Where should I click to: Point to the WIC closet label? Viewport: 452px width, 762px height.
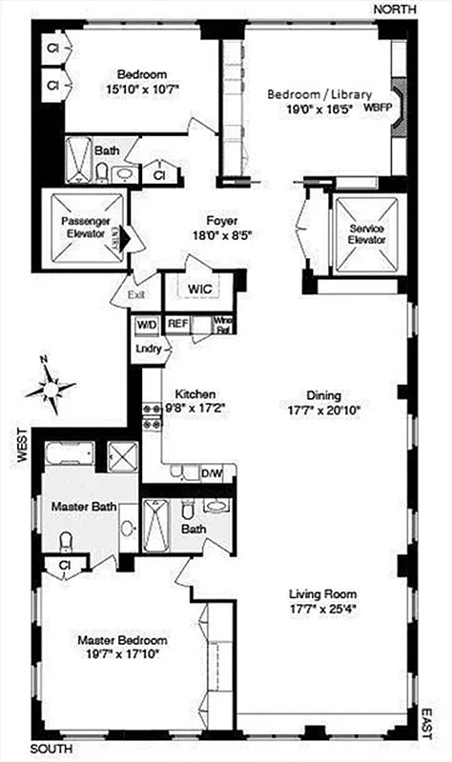point(199,287)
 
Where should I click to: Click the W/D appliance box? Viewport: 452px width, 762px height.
point(148,325)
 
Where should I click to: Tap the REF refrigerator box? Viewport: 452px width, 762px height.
point(177,325)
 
